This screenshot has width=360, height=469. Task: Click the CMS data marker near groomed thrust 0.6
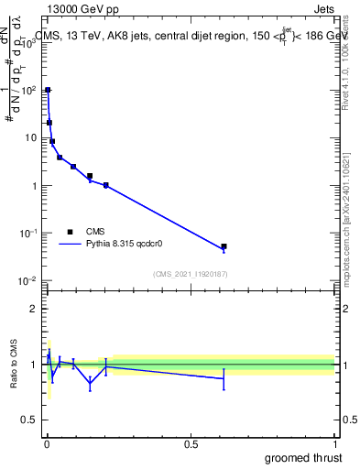(x=224, y=246)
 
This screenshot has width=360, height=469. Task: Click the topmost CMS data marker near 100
(x=48, y=90)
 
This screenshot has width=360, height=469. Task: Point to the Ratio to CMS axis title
(x=12, y=365)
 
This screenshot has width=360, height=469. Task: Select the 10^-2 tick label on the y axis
(x=28, y=281)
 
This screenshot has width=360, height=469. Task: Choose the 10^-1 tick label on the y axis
(x=28, y=234)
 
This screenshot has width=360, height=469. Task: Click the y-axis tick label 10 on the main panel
(x=31, y=138)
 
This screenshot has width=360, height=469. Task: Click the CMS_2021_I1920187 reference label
(x=190, y=274)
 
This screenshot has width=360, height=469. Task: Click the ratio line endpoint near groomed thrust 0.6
(x=224, y=378)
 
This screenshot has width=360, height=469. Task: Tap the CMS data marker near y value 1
(x=106, y=185)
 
